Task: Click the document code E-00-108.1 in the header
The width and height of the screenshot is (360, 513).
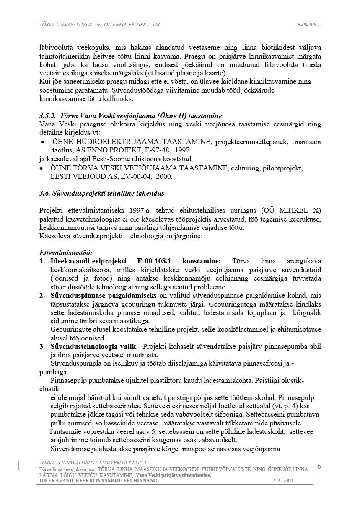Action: pos(308,25)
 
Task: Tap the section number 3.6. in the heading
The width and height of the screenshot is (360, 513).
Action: pos(45,193)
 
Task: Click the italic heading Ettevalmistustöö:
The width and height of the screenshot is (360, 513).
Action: pos(66,253)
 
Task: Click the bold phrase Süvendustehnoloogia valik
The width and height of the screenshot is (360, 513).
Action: pos(93,346)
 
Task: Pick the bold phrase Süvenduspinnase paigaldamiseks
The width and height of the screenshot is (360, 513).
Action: pos(98,296)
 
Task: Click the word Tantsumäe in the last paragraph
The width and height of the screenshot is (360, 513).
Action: pos(64,432)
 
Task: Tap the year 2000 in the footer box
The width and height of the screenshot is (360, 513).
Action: pos(288,481)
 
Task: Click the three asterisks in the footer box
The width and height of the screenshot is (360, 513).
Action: pos(276,481)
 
